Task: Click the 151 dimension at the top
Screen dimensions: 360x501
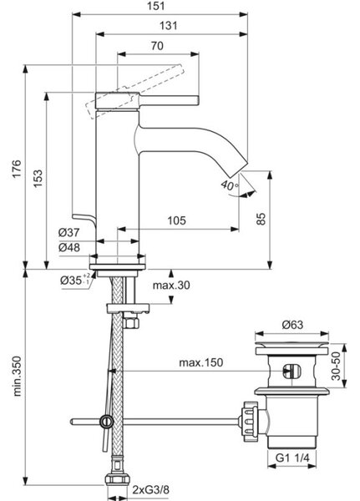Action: (x=156, y=6)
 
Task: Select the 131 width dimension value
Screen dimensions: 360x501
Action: (x=168, y=26)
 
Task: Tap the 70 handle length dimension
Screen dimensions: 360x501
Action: (x=157, y=46)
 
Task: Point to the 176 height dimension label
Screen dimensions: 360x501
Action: (x=17, y=169)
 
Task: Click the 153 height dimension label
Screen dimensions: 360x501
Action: (x=38, y=179)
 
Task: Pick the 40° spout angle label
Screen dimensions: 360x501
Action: (x=230, y=185)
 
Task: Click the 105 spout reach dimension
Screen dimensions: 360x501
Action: (x=176, y=220)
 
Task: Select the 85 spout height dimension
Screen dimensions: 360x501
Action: (x=261, y=219)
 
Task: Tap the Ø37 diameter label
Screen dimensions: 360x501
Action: (x=68, y=232)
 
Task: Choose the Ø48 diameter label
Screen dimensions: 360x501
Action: (x=69, y=247)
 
